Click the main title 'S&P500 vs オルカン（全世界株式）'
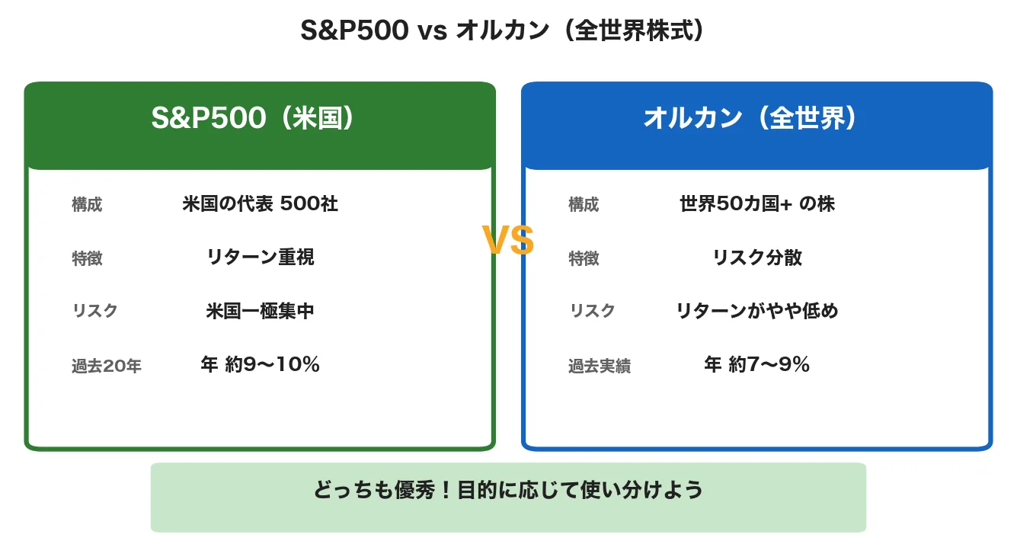[x=508, y=31]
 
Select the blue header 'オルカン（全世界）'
[x=756, y=119]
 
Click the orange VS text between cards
[x=508, y=242]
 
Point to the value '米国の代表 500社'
[x=260, y=204]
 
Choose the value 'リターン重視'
[x=260, y=258]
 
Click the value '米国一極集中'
[x=260, y=311]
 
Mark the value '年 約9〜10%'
[x=260, y=365]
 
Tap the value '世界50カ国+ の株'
[x=756, y=204]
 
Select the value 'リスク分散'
[x=756, y=258]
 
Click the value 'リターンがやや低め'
[x=756, y=311]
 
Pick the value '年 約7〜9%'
[x=756, y=365]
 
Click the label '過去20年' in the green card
[x=107, y=366]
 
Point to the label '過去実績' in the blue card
[x=599, y=366]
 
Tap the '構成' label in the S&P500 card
[x=87, y=205]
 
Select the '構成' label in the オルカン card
[x=584, y=205]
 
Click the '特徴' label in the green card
[x=87, y=259]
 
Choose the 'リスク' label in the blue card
[x=592, y=311]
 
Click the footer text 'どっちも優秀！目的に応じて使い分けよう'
[x=508, y=490]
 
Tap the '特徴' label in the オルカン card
[x=584, y=259]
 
